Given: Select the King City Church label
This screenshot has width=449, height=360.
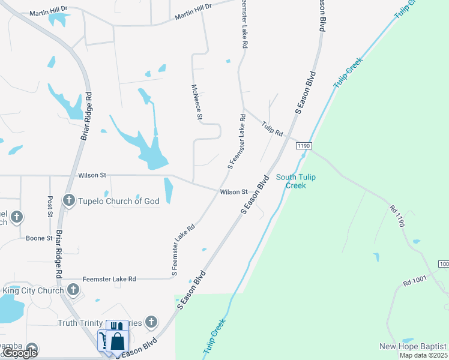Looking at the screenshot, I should pyautogui.click(x=33, y=290).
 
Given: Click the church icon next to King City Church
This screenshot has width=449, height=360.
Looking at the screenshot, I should pyautogui.click(x=73, y=290).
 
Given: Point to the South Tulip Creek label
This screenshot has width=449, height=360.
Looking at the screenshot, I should pyautogui.click(x=295, y=181).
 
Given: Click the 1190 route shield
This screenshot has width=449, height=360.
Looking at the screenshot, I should pyautogui.click(x=304, y=146).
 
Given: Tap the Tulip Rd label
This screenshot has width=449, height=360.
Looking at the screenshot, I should pyautogui.click(x=272, y=129).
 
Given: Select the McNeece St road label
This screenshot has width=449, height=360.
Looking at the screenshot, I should pyautogui.click(x=195, y=101).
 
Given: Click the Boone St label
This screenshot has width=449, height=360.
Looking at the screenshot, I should pyautogui.click(x=40, y=238).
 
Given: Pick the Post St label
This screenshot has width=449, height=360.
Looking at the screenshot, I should pyautogui.click(x=50, y=205).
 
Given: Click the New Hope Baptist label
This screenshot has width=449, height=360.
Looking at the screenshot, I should pyautogui.click(x=413, y=347).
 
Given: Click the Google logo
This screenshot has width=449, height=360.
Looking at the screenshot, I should pyautogui.click(x=20, y=353).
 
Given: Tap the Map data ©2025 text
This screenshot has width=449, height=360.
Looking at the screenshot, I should pyautogui.click(x=423, y=355).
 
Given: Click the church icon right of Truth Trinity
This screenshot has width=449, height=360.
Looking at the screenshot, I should pyautogui.click(x=151, y=322).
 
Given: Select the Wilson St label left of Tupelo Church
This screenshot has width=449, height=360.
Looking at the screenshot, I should pyautogui.click(x=92, y=175).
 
